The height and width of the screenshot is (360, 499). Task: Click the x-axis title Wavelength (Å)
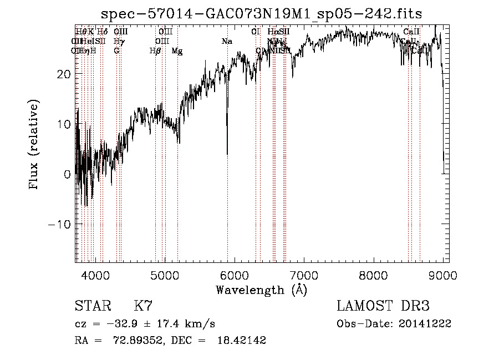tap(261, 289)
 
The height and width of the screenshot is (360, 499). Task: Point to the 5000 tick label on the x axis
tap(165, 275)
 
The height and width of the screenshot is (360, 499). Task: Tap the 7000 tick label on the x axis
tap(304, 275)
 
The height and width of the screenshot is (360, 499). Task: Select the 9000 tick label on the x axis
tap(443, 275)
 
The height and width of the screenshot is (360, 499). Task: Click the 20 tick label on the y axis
tap(64, 74)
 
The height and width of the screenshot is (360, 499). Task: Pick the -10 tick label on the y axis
tap(60, 224)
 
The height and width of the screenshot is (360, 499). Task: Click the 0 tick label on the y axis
tap(67, 174)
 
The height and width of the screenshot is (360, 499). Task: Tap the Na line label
tap(227, 42)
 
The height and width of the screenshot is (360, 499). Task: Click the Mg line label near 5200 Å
tap(177, 51)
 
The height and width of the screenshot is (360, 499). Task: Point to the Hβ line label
tap(155, 51)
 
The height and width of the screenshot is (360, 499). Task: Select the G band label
tap(116, 51)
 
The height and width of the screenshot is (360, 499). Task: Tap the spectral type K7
tap(143, 306)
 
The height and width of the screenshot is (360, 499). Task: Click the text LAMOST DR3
tap(383, 306)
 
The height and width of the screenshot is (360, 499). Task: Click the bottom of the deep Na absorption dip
tap(227, 154)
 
